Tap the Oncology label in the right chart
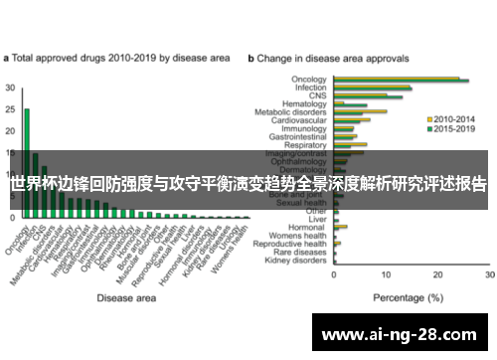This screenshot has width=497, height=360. pos(309,79)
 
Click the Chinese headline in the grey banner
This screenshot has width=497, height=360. pos(248,184)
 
